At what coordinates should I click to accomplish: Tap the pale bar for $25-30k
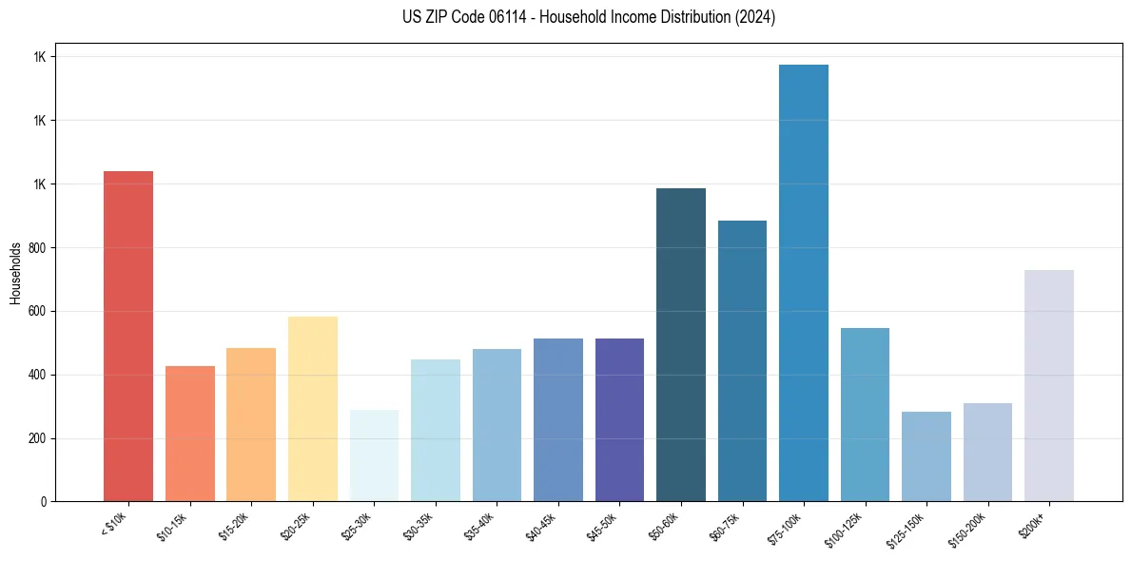374,455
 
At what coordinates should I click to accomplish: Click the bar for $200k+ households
1048,385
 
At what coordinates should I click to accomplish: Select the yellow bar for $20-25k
312,409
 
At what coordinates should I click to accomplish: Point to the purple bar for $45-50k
619,419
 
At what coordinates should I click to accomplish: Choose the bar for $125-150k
926,456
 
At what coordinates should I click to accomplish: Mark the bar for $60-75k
742,360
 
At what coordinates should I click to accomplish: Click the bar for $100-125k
865,415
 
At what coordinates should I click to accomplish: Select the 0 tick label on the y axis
45,502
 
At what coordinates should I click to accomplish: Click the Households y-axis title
15,273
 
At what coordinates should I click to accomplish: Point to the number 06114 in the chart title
492,17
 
